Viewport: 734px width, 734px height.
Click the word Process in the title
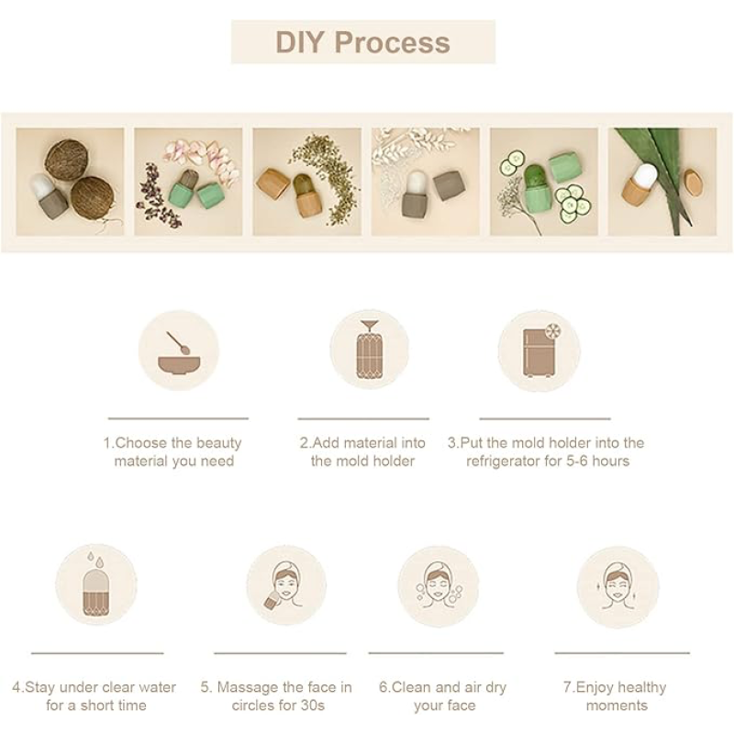coord(393,42)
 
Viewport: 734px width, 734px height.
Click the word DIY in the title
coord(300,42)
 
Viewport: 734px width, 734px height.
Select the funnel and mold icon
coord(370,350)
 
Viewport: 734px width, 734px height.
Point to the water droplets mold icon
coord(95,584)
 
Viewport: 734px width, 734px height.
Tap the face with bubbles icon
coord(439,585)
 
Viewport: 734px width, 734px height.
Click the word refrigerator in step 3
coord(503,462)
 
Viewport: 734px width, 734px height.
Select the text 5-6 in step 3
coord(577,462)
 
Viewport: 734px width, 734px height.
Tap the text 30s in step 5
coord(312,706)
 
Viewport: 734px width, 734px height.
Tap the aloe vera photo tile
coord(662,182)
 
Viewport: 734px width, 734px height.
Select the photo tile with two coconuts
coord(71,182)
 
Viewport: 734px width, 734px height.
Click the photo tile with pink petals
coord(189,182)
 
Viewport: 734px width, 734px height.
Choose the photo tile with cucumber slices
coord(544,182)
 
